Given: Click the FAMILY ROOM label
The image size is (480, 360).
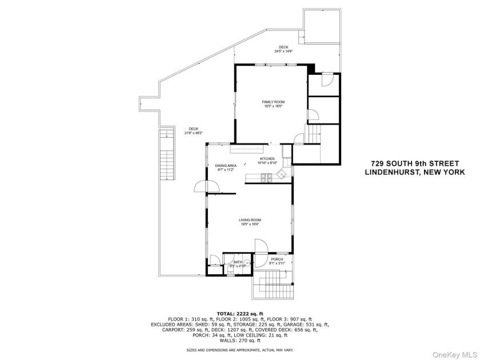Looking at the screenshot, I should click(273, 102).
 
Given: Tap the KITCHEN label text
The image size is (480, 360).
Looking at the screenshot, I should click(267, 159).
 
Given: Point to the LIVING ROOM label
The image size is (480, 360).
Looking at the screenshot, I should click(250, 220).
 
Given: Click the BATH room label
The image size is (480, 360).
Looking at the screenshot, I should click(237, 263).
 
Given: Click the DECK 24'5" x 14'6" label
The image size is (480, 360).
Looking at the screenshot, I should click(283, 47).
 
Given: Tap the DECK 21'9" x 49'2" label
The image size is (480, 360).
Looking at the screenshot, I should click(193, 129).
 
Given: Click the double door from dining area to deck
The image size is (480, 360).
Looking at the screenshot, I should click(206, 187).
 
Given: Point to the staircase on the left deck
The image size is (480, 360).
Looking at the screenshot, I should click(167, 157).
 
